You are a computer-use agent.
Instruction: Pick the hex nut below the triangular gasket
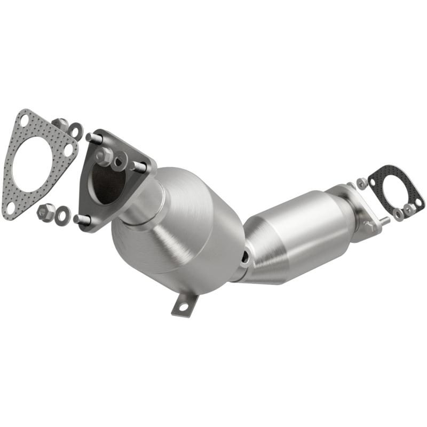pyautogui.click(x=46, y=212)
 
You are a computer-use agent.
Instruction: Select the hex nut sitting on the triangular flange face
pyautogui.click(x=105, y=156)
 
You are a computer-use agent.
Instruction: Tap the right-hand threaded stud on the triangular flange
pyautogui.click(x=140, y=167)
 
